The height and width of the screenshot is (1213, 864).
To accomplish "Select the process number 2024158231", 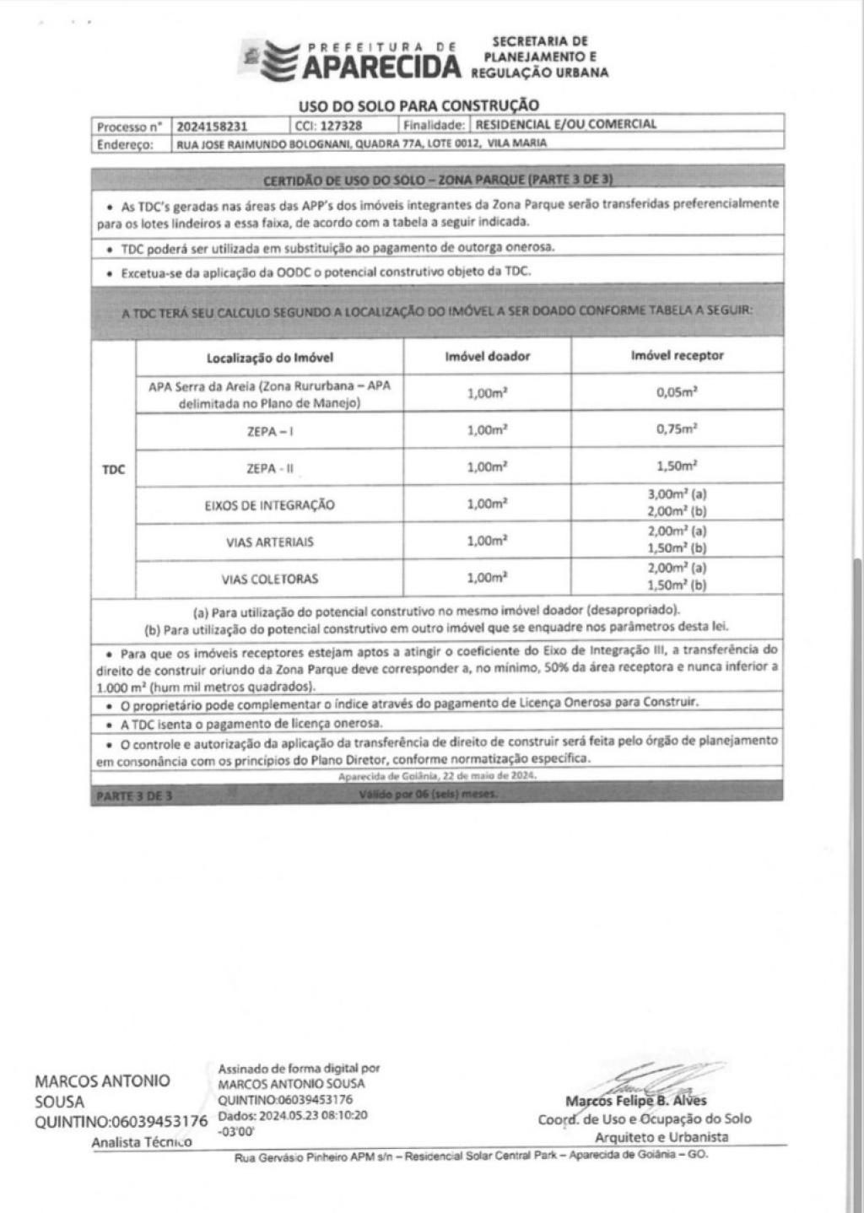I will point(212,126).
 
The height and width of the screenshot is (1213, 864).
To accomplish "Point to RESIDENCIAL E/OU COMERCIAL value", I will point(566,124).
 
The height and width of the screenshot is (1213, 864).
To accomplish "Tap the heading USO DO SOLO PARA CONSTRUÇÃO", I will point(418,105).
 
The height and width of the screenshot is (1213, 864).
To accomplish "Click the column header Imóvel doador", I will point(488,356).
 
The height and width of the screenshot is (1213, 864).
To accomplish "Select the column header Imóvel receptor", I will point(677,355).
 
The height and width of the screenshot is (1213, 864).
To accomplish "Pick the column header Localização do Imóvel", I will point(270,357).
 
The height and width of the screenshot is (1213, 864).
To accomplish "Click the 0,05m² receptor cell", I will point(677,392).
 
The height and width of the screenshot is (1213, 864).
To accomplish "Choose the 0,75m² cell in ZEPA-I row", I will point(677,429).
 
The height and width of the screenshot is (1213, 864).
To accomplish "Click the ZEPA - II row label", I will point(270,469).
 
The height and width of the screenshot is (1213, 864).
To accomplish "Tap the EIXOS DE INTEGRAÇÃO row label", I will point(270,505).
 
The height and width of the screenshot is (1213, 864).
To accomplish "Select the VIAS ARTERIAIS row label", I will point(270,542).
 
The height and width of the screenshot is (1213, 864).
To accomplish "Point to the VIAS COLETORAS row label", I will point(270,580).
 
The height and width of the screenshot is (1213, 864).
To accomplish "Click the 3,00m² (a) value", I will point(677,495).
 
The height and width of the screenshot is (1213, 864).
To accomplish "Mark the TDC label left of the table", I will point(113,470).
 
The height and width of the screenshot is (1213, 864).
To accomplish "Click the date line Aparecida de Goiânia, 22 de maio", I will point(436,776).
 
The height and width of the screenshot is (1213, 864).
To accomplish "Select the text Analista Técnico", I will point(142,1142).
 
